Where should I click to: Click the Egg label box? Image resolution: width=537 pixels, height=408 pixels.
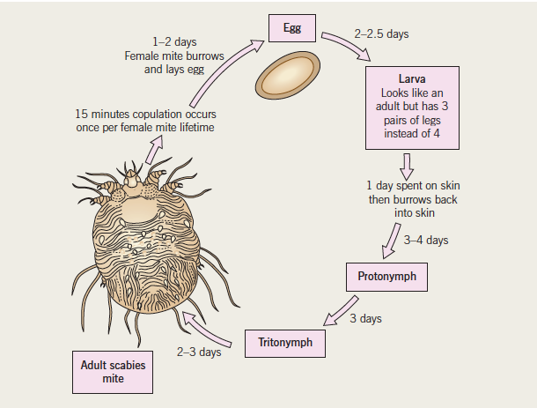pyautogui.click(x=292, y=28)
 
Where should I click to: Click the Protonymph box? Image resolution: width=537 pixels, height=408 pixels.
pyautogui.click(x=386, y=277)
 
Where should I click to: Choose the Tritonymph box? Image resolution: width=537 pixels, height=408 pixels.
pyautogui.click(x=285, y=340)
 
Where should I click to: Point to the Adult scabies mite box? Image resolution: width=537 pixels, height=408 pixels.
pyautogui.click(x=114, y=371)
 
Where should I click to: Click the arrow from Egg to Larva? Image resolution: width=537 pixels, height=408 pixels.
pyautogui.click(x=348, y=48)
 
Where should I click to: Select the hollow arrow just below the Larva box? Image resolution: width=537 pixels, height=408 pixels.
pyautogui.click(x=407, y=165)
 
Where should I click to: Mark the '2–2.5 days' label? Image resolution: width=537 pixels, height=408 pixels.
pyautogui.click(x=381, y=34)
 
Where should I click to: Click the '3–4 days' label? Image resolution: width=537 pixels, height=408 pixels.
pyautogui.click(x=426, y=240)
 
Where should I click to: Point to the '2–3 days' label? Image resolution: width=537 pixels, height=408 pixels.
pyautogui.click(x=198, y=353)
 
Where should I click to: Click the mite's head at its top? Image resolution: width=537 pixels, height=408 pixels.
pyautogui.click(x=134, y=182)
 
